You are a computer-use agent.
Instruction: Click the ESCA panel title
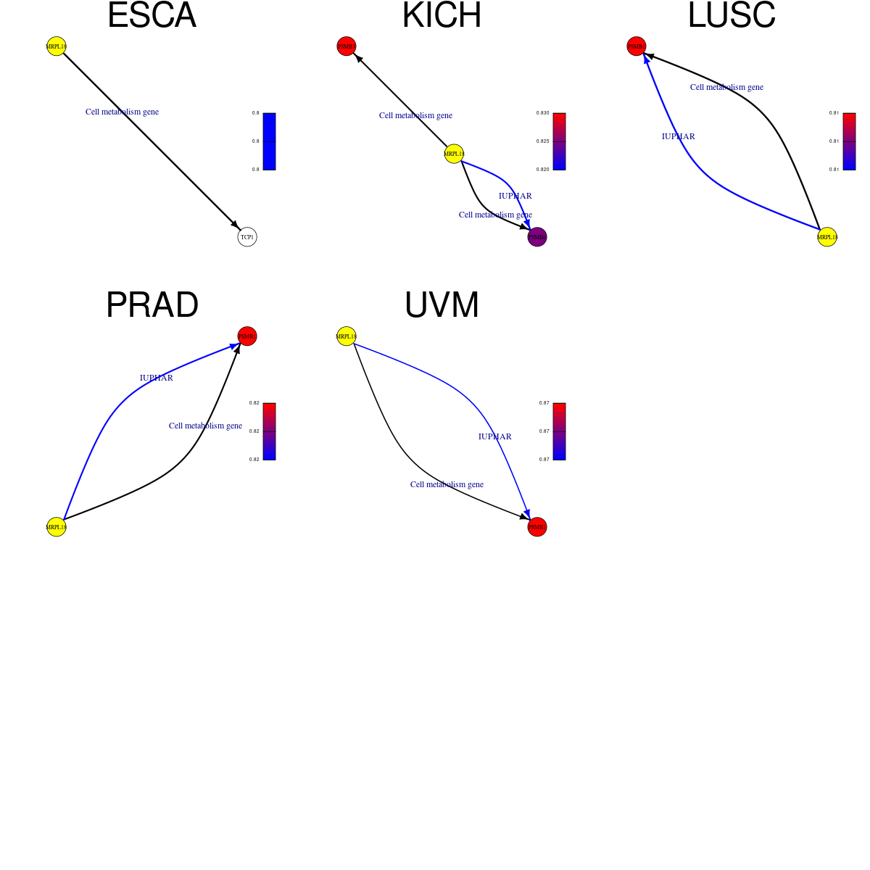point(152,16)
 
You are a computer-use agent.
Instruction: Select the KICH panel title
point(442,16)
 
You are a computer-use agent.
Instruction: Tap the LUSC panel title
point(732,16)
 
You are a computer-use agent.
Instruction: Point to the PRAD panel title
point(152,305)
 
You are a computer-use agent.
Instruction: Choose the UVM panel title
point(442,305)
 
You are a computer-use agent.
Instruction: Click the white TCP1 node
point(247,237)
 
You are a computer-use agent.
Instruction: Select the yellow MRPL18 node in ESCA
point(57,46)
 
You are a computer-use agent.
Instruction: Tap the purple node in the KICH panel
point(537,237)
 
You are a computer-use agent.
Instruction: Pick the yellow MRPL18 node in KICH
point(454,154)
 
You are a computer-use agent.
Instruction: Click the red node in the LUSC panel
point(637,46)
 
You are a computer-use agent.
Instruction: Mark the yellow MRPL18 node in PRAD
point(57,527)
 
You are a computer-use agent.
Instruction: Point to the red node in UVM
point(537,527)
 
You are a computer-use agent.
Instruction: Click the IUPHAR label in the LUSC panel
point(679,136)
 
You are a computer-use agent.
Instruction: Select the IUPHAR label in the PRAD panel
point(157,378)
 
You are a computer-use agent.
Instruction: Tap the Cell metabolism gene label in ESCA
point(122,112)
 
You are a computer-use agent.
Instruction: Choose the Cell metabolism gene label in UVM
point(447,484)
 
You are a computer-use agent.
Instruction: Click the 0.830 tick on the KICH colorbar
point(542,113)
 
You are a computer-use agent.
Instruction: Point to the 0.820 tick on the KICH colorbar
point(542,170)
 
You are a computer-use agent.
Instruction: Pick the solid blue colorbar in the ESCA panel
point(269,141)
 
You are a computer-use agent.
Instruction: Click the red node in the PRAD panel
point(247,336)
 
